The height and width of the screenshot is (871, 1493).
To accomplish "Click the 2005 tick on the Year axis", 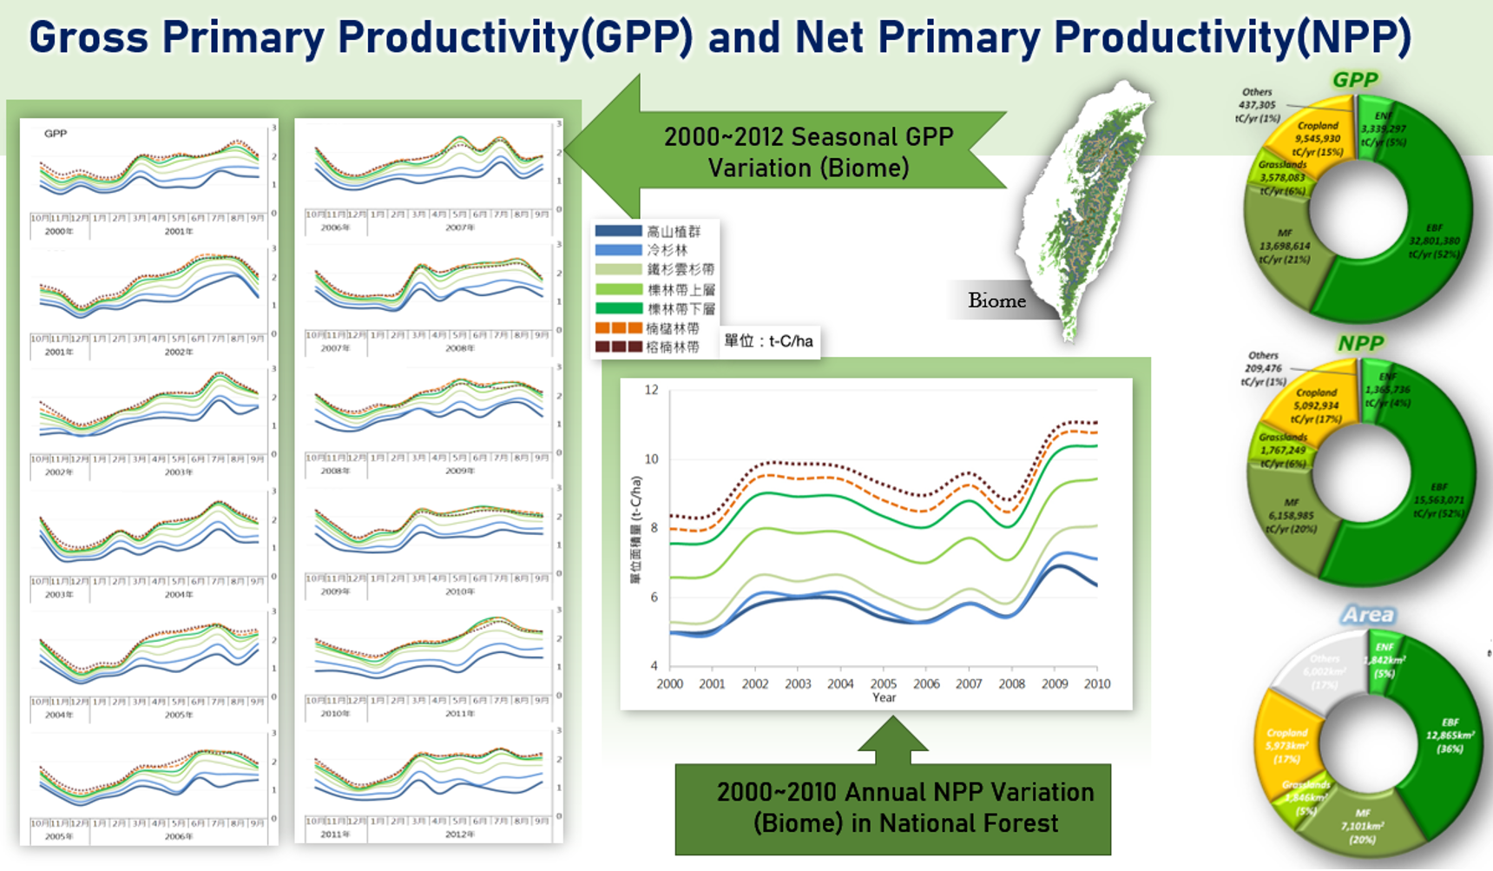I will [x=883, y=683].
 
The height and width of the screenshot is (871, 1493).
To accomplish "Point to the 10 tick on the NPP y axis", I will [x=651, y=459].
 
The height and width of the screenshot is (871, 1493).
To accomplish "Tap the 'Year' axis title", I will [x=884, y=697].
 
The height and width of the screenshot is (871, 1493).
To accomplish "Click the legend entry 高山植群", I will [x=673, y=231].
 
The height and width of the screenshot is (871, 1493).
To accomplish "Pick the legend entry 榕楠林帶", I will [x=672, y=346].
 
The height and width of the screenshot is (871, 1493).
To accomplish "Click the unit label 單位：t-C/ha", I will [x=768, y=341].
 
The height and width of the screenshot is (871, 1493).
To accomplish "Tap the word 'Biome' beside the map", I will [x=996, y=300].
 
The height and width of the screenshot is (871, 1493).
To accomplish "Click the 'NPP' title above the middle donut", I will [x=1359, y=343].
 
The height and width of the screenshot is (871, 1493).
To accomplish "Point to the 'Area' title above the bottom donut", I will [x=1367, y=615].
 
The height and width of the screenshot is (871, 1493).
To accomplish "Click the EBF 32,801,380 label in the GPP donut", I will [x=1433, y=241].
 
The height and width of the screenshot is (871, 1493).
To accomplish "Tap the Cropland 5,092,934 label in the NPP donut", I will [x=1316, y=406].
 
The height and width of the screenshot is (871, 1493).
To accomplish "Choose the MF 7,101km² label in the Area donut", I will [x=1362, y=826].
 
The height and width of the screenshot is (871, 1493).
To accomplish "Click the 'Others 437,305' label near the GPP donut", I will [x=1257, y=104].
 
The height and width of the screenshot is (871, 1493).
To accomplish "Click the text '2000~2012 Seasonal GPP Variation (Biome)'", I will [x=808, y=152].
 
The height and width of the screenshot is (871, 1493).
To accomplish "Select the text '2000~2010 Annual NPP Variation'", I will [x=904, y=792].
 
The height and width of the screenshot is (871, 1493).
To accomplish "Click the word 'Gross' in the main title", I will [x=89, y=37].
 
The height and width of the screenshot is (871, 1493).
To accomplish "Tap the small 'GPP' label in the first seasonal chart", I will [x=56, y=134].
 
